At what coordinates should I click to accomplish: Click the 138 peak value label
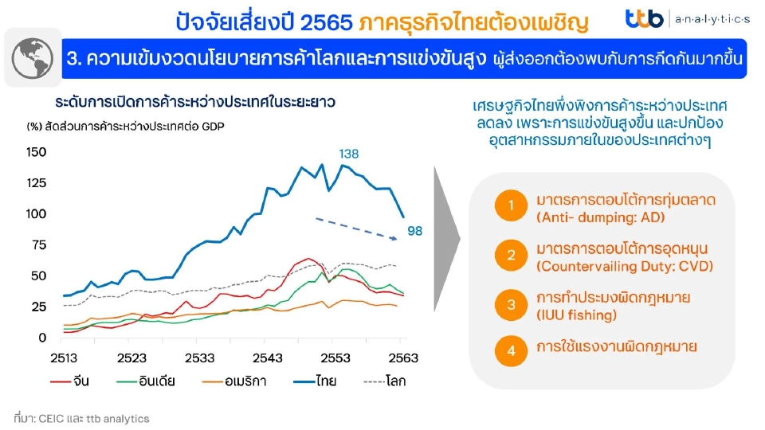pyautogui.click(x=349, y=153)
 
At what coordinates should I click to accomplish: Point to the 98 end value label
pyautogui.click(x=414, y=232)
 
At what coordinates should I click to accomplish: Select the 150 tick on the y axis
pyautogui.click(x=37, y=152)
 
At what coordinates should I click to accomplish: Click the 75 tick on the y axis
pyautogui.click(x=37, y=245)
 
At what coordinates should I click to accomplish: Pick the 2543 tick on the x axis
pyautogui.click(x=268, y=358)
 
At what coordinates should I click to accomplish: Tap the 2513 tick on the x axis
pyautogui.click(x=64, y=358)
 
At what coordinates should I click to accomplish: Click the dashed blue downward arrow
pyautogui.click(x=355, y=229)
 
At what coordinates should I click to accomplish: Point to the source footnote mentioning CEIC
pyautogui.click(x=81, y=418)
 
